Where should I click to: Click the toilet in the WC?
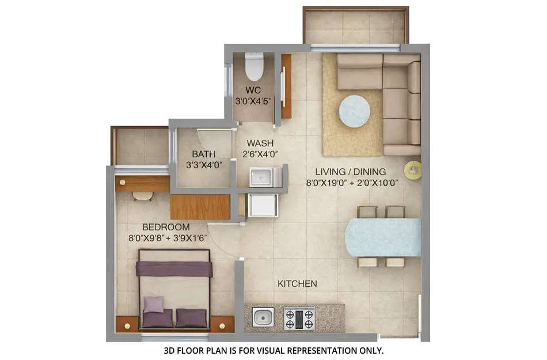point(254,67)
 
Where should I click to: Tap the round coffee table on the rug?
point(354,111)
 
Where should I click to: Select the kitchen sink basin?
point(263,316)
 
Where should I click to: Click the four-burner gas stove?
point(299,318)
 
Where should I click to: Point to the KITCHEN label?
point(297,284)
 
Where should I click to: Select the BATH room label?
point(204,154)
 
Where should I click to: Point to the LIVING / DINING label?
point(350,172)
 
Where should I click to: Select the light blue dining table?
point(383,237)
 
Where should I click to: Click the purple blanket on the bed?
point(174,269)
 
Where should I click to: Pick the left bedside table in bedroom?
point(127,324)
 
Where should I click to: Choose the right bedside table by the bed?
point(222,324)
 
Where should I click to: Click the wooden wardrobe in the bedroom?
point(200,207)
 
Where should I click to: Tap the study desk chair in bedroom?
point(142,196)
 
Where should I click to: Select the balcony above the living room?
point(355,26)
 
